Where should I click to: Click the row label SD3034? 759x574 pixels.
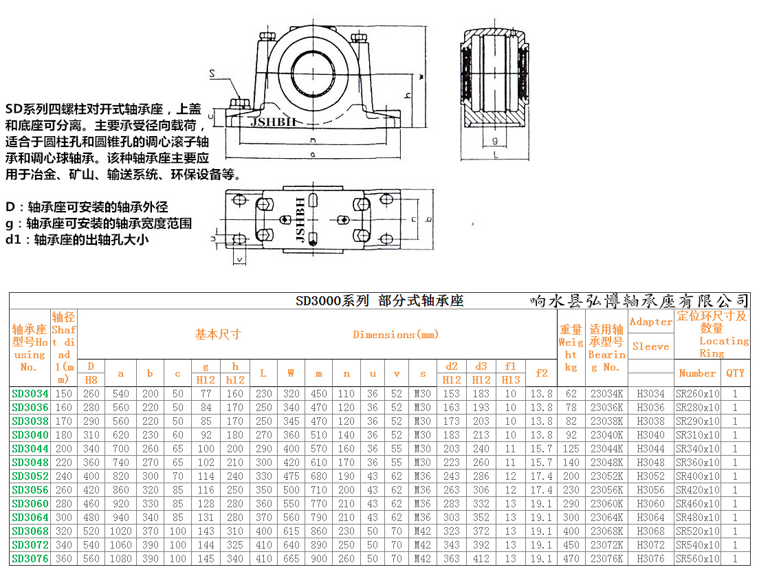[x=30, y=394]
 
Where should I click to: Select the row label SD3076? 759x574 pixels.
[x=30, y=559]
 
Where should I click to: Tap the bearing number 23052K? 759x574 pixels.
[x=606, y=476]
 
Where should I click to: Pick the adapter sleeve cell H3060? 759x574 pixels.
[x=650, y=504]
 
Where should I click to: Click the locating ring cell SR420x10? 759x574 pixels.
[x=697, y=490]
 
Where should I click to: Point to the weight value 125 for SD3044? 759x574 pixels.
[x=571, y=449]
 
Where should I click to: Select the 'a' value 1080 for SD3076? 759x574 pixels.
[x=121, y=559]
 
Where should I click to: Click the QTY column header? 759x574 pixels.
[x=734, y=373]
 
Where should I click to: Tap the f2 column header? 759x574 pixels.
[x=541, y=373]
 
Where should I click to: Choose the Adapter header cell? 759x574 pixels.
[x=650, y=322]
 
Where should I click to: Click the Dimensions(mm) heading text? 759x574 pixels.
[x=395, y=335]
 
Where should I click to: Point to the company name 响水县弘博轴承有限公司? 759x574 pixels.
[x=639, y=301]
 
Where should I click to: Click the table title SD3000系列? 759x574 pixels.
[x=332, y=301]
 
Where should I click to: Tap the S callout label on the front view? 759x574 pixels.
[x=212, y=73]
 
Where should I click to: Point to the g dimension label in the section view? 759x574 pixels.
[x=494, y=141]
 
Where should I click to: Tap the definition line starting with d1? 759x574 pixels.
[x=77, y=241]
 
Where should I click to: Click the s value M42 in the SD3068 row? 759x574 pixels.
[x=422, y=531]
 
